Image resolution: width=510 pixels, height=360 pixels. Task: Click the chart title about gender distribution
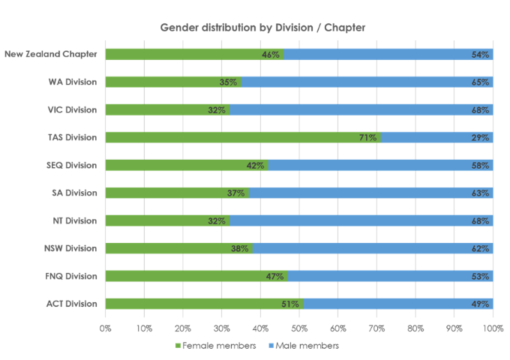point(262,28)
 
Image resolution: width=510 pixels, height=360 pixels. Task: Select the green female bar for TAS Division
point(240,137)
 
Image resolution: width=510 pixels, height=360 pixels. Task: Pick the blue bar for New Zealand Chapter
point(382,54)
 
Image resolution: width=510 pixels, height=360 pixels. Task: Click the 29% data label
point(481,137)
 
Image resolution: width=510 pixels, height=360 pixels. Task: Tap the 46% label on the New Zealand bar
point(271,54)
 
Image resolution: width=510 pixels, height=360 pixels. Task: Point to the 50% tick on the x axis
point(299,328)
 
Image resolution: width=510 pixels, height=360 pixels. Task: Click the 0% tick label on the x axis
point(106,328)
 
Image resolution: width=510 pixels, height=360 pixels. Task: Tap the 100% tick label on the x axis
point(493,328)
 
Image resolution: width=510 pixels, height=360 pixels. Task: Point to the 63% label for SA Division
point(481,193)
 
